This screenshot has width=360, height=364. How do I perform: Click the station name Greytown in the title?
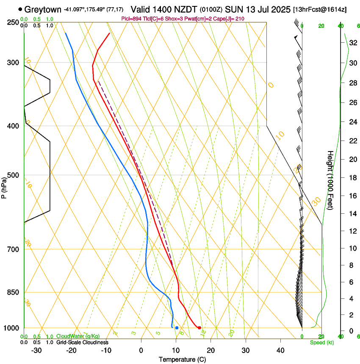tap(42, 9)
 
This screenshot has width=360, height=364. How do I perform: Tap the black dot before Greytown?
tap(20, 9)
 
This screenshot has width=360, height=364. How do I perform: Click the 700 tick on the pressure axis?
tap(13, 249)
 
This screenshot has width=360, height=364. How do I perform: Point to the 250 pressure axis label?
tap(13, 22)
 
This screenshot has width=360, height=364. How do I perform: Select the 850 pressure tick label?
tap(13, 292)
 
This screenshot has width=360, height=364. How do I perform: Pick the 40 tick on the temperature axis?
tap(280, 350)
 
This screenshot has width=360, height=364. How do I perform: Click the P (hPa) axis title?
tap(4, 187)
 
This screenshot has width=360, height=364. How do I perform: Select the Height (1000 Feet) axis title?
tap(330, 179)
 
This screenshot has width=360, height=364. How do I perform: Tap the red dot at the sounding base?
tap(199, 328)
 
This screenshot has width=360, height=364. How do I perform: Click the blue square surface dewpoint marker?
tap(177, 328)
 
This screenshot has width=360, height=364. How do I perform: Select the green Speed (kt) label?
tap(320, 342)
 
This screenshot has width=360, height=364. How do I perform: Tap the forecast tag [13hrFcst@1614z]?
tap(319, 9)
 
